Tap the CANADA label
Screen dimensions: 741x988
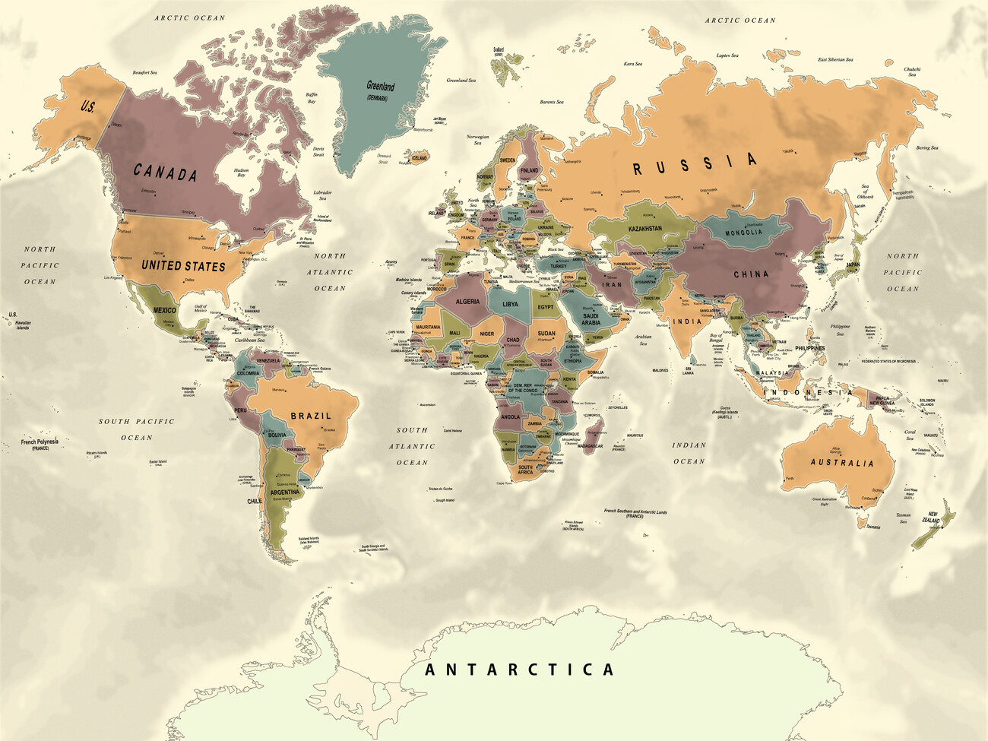click(x=166, y=173)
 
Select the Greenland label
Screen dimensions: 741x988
click(x=380, y=87)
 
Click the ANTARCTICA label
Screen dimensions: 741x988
click(x=519, y=670)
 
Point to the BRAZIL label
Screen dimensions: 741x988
click(x=311, y=416)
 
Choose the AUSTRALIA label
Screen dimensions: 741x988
click(x=841, y=462)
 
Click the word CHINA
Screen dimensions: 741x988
click(x=751, y=274)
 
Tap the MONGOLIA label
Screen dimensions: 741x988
click(x=743, y=233)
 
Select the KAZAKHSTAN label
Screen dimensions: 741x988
click(x=644, y=228)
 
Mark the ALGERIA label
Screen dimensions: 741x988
click(x=467, y=302)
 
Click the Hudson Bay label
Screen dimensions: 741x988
click(x=241, y=173)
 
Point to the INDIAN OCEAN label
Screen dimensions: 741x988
click(x=689, y=453)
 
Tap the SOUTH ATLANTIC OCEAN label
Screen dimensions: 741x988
click(x=412, y=446)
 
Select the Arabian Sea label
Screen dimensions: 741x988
click(x=643, y=340)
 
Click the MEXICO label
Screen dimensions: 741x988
click(x=164, y=310)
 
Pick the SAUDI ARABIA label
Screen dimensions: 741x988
click(x=591, y=318)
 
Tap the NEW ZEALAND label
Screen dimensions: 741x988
click(x=930, y=518)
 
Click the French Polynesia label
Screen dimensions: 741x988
click(x=40, y=444)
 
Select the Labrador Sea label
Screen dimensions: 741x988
click(x=322, y=195)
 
